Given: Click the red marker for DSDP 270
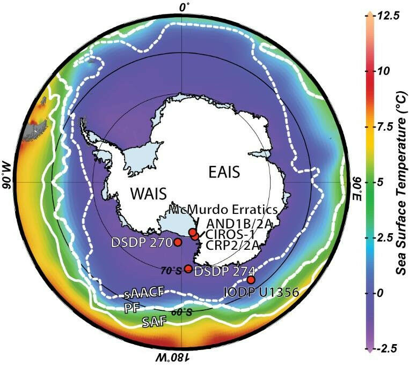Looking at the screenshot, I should click(178, 242).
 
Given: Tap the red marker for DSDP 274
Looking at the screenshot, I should click(188, 269).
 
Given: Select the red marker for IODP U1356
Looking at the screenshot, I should click(251, 279).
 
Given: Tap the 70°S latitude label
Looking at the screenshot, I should click(173, 271).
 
